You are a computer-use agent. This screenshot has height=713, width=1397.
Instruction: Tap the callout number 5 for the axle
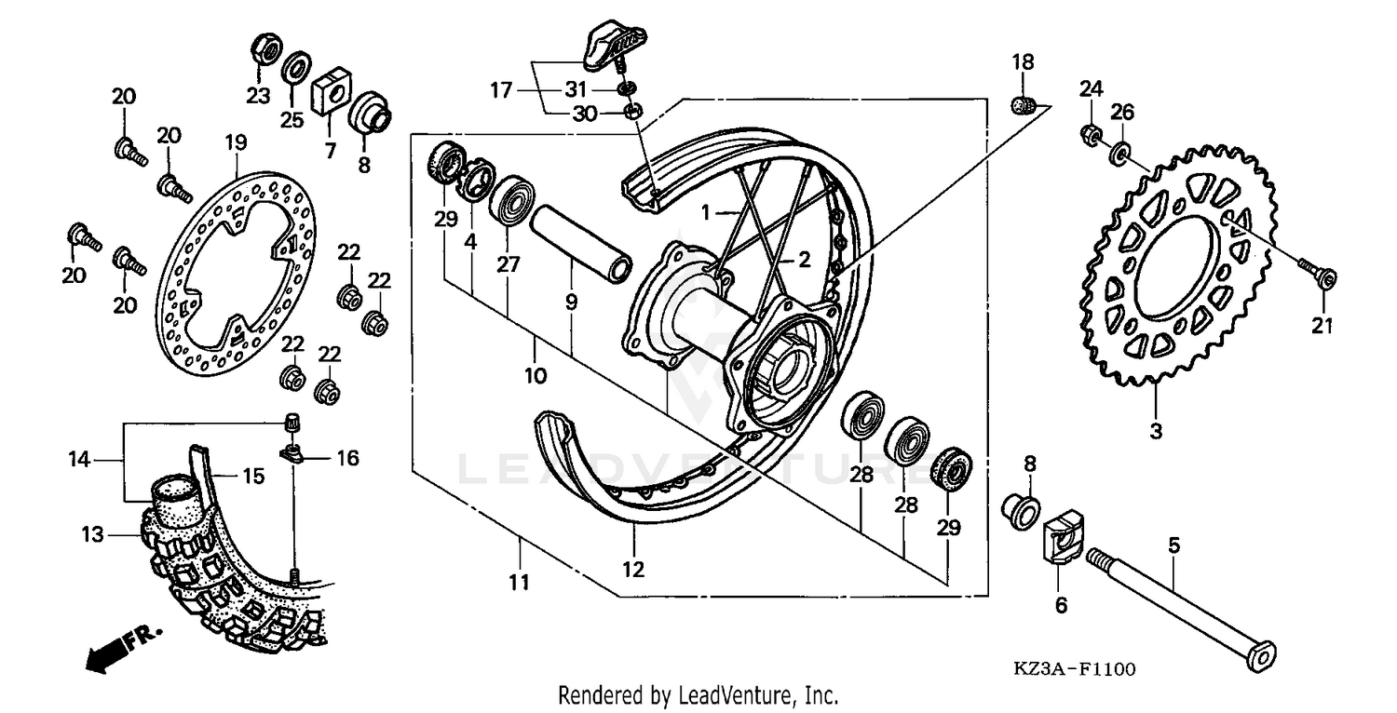pyautogui.click(x=1174, y=545)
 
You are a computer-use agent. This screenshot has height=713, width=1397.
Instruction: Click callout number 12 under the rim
pyautogui.click(x=633, y=569)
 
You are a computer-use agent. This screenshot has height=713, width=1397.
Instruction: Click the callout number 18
pyautogui.click(x=1023, y=62)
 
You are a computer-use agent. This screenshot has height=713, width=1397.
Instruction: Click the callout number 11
pyautogui.click(x=519, y=584)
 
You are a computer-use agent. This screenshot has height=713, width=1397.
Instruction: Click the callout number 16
pyautogui.click(x=347, y=458)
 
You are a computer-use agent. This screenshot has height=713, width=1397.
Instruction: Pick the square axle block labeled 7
pyautogui.click(x=330, y=92)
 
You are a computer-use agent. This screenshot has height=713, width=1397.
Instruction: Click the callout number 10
pyautogui.click(x=535, y=377)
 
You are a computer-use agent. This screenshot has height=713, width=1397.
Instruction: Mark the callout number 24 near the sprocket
pyautogui.click(x=1091, y=89)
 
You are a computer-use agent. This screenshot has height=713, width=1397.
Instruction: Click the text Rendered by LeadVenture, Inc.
pyautogui.click(x=698, y=694)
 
